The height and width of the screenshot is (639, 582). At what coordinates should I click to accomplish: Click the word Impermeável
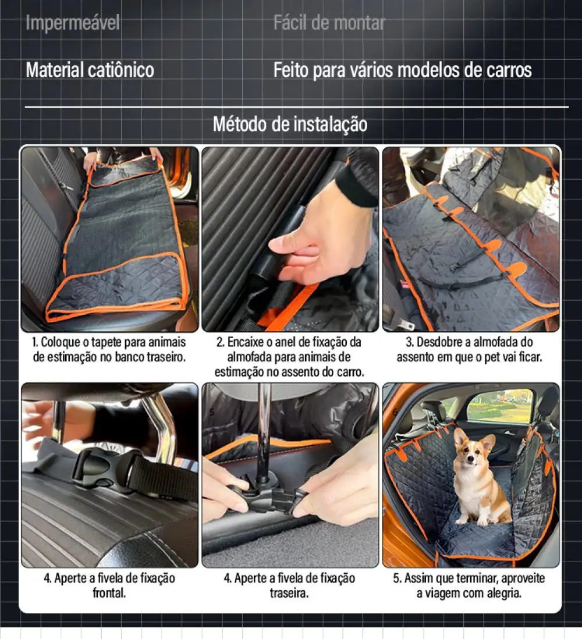click(x=73, y=23)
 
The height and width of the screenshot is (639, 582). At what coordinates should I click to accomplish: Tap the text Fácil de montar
click(x=329, y=23)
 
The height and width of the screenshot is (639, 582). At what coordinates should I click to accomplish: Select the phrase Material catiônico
click(x=90, y=70)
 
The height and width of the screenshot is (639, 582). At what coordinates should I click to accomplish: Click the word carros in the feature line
click(x=506, y=70)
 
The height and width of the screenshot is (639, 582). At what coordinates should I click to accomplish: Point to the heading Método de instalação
click(x=290, y=124)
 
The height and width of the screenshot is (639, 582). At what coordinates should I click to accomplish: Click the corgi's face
click(x=471, y=451)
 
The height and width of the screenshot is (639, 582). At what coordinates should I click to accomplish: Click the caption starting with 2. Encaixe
click(x=289, y=357)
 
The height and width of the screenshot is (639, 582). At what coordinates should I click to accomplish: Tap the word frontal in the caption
click(x=109, y=594)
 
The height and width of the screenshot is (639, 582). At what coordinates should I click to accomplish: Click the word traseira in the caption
click(x=289, y=594)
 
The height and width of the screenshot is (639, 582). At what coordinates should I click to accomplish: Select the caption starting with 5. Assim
click(x=469, y=586)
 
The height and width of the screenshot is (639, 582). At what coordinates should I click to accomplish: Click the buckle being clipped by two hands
click(x=274, y=498)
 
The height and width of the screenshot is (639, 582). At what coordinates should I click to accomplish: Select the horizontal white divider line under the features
click(x=297, y=107)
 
